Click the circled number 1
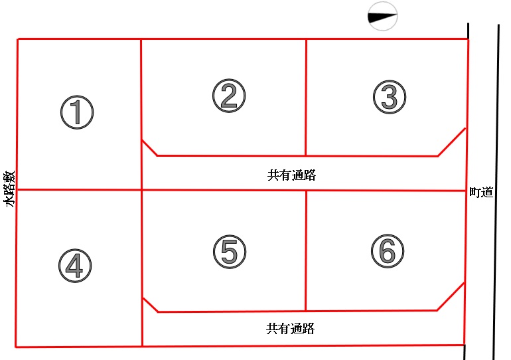(x=77, y=112)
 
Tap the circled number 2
(x=229, y=96)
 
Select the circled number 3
(x=390, y=97)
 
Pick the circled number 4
(x=75, y=266)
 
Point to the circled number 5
(x=230, y=252)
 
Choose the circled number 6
(x=388, y=251)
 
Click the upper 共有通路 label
(x=292, y=175)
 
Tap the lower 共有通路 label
(x=291, y=329)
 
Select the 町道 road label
(x=481, y=193)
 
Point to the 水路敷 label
(x=9, y=189)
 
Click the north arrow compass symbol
(x=383, y=17)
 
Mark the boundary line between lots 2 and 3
(x=306, y=97)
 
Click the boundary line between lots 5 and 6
(x=306, y=251)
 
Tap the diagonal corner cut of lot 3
(x=452, y=142)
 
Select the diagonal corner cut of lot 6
(x=451, y=296)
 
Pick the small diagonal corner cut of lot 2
(x=149, y=147)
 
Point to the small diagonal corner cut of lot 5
(x=150, y=305)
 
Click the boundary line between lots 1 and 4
(x=79, y=189)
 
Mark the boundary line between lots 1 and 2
(x=141, y=114)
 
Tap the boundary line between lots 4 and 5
(x=142, y=268)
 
